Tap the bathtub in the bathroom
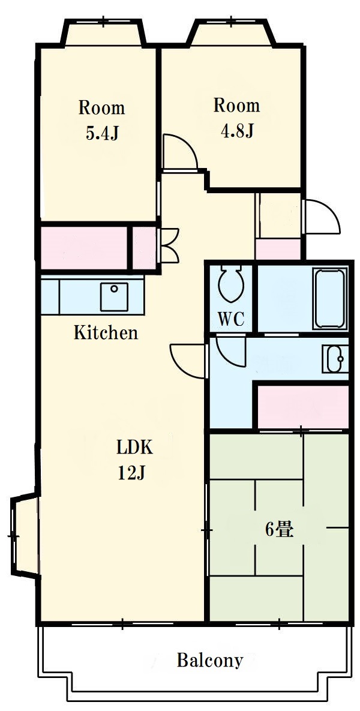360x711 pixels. [x=331, y=298]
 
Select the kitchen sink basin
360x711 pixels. [x=114, y=296]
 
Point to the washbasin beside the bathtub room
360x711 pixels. [x=335, y=359]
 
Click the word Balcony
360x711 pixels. [x=210, y=660]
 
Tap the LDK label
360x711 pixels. [x=136, y=448]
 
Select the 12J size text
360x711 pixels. [x=131, y=473]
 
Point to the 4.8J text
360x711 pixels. [x=236, y=131]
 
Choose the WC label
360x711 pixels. [x=231, y=319]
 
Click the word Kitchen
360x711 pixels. [x=106, y=333]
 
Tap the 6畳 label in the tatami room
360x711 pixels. [x=279, y=530]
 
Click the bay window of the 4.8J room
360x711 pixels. [x=232, y=32]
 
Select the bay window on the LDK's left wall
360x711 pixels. [x=23, y=535]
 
